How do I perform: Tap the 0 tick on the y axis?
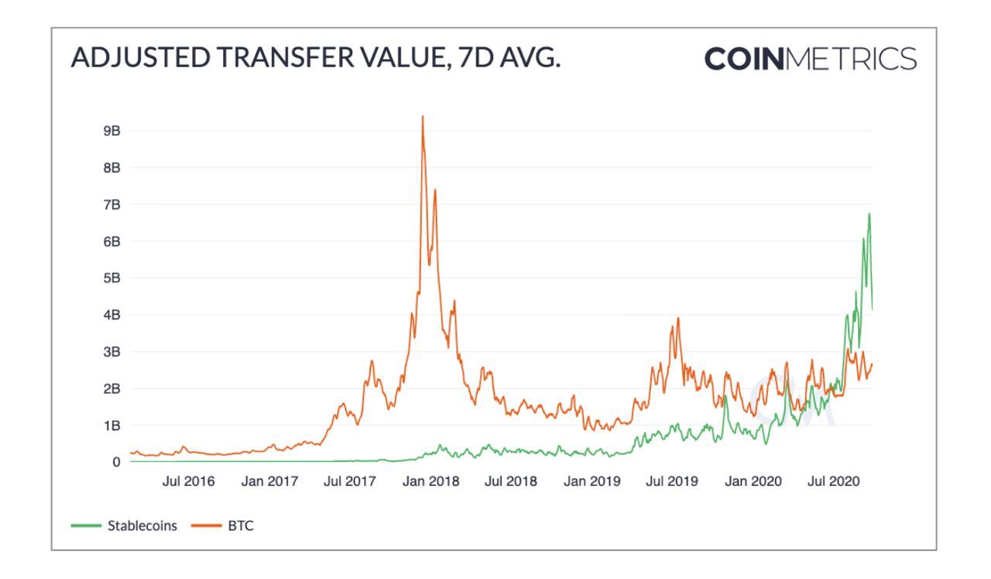pos(116,462)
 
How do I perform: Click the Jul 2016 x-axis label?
pos(189,481)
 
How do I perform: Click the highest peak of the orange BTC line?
pos(422,117)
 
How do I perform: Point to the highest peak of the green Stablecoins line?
pos(869,214)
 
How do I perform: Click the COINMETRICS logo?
pos(811,59)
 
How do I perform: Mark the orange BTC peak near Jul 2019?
pos(678,318)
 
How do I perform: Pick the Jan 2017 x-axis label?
pos(270,481)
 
